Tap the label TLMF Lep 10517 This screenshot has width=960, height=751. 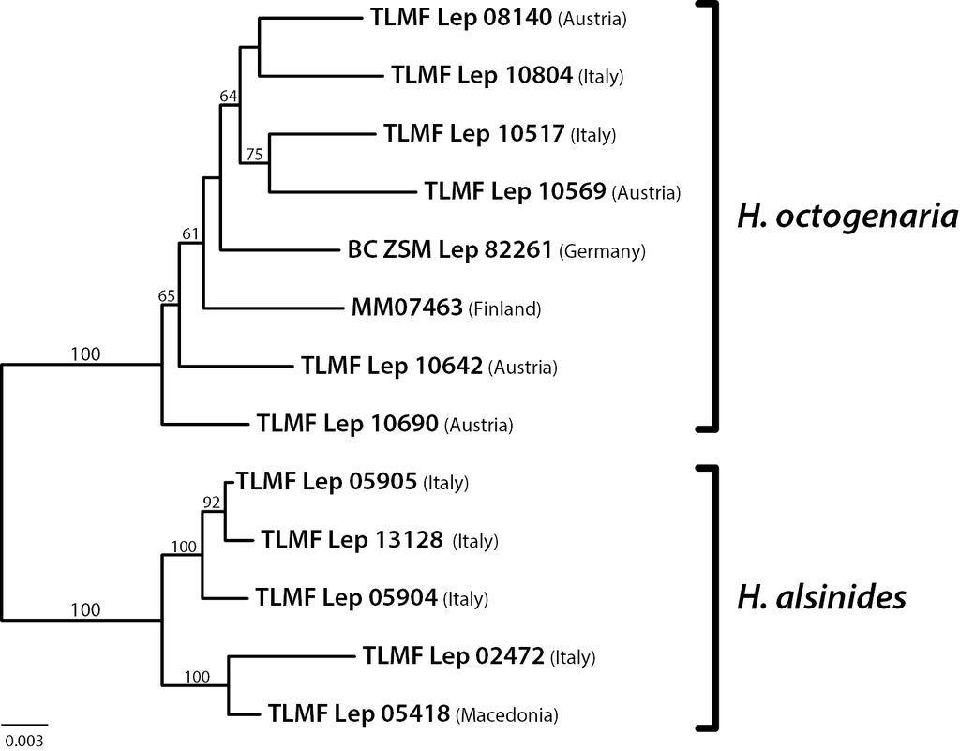474,133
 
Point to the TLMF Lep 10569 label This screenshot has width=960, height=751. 515,192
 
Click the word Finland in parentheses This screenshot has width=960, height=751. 506,308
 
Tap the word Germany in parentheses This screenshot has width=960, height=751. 603,251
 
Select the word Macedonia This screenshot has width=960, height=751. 507,715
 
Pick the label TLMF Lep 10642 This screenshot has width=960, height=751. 392,366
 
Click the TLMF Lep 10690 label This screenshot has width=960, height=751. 348,424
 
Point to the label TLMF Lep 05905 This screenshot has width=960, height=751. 327,482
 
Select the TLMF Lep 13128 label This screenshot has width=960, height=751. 352,539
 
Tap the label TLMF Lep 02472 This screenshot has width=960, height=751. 454,654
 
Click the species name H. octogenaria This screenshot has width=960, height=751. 847,218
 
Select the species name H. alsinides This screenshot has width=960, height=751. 821,596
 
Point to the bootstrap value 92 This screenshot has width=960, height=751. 212,503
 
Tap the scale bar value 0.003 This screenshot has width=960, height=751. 22,740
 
